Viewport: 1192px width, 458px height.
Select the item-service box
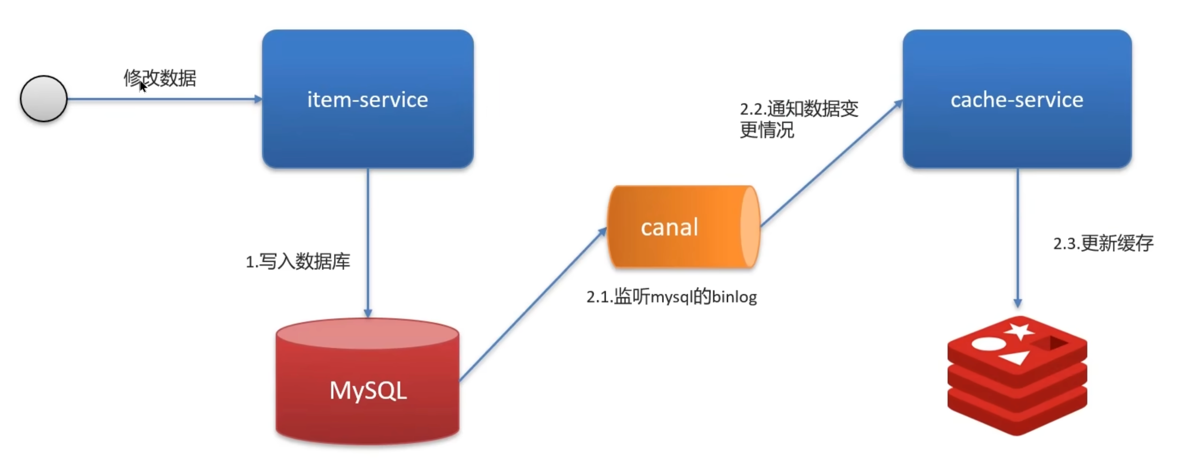click(x=368, y=98)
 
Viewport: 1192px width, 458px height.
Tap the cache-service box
click(x=1017, y=98)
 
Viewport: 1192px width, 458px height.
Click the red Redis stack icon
click(x=1017, y=375)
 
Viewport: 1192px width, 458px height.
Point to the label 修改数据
click(x=160, y=78)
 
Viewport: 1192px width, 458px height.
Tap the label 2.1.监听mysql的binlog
click(x=671, y=297)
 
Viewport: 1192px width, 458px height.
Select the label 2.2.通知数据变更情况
click(x=799, y=120)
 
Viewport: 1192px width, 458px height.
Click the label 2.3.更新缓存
click(x=1103, y=243)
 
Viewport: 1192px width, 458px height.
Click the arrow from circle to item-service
click(x=165, y=98)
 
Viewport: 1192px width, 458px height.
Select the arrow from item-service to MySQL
click(x=368, y=243)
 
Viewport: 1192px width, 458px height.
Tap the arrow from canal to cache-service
click(x=832, y=163)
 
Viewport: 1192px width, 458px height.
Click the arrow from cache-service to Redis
click(x=1017, y=238)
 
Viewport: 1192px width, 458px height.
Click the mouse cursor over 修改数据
click(x=143, y=87)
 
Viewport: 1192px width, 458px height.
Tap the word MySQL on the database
click(x=368, y=391)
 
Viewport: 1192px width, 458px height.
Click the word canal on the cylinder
click(x=669, y=227)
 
